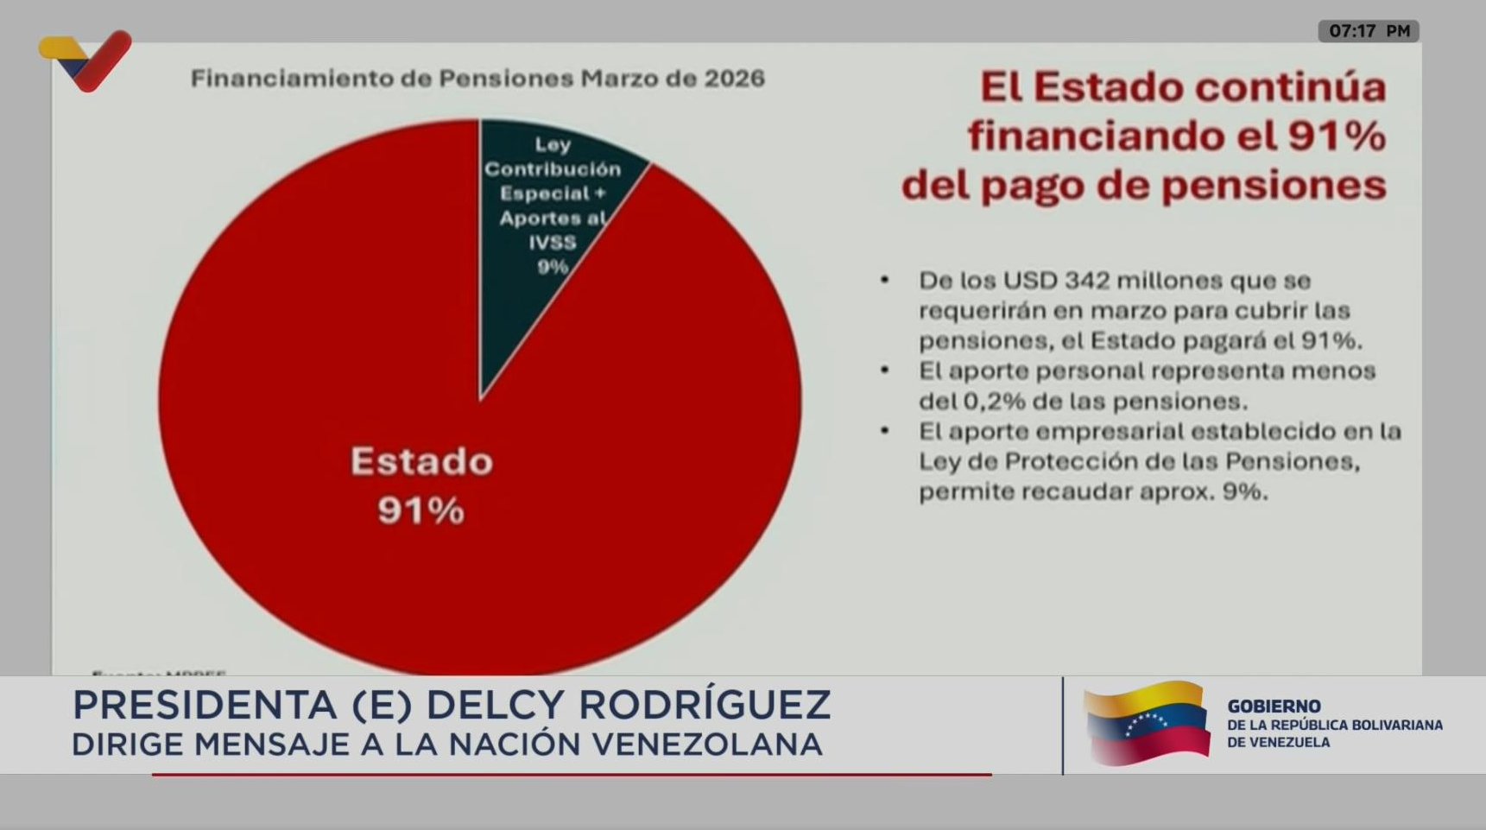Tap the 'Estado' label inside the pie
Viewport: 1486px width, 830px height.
tap(421, 462)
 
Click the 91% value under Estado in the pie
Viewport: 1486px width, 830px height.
tap(421, 511)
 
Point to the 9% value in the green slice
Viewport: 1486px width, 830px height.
tap(553, 268)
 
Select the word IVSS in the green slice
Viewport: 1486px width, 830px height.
tap(553, 243)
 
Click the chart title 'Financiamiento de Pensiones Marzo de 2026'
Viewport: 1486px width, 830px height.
tap(477, 79)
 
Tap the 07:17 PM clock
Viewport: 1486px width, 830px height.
tap(1369, 31)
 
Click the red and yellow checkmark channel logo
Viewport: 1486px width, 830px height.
tap(86, 60)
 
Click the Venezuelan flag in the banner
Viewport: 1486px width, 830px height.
tap(1147, 724)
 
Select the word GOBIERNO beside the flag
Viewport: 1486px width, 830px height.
tap(1274, 706)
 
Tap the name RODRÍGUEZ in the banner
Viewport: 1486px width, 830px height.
tap(704, 706)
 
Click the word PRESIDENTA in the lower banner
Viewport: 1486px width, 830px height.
tap(204, 706)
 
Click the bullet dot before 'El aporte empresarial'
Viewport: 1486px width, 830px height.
tap(884, 430)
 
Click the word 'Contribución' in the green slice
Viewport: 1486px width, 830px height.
tap(553, 169)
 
